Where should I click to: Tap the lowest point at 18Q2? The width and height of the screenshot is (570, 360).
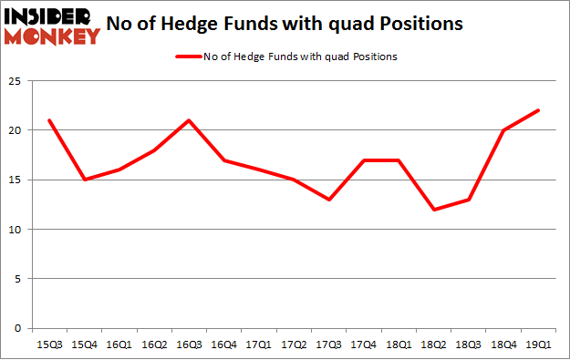click(433, 210)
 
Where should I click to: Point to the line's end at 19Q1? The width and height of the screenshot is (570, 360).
click(538, 110)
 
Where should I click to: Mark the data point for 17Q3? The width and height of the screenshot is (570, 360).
click(328, 200)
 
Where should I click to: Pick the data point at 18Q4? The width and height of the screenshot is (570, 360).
click(503, 130)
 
